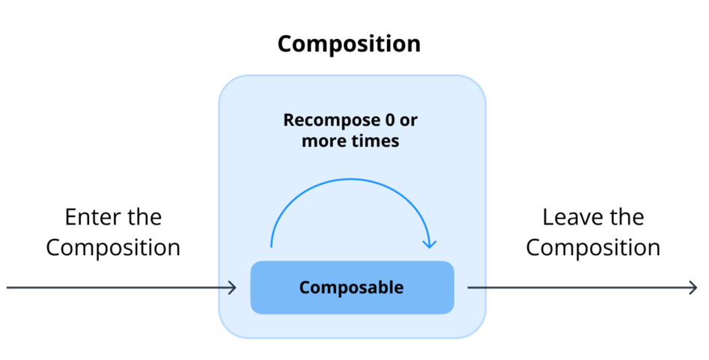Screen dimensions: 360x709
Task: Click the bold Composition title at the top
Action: pyautogui.click(x=349, y=43)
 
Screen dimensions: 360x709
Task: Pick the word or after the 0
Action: pyautogui.click(x=408, y=120)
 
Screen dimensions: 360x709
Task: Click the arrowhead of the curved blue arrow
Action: pyautogui.click(x=430, y=242)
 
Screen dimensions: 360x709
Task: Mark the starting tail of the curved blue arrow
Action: pyautogui.click(x=271, y=246)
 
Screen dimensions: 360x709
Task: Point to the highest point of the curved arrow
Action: pyautogui.click(x=350, y=179)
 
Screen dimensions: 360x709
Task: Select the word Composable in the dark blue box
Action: pyautogui.click(x=351, y=287)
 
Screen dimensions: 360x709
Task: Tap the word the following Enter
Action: pyautogui.click(x=142, y=218)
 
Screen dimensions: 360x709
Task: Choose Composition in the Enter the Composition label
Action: pyautogui.click(x=113, y=248)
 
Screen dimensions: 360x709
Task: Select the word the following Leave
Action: pyautogui.click(x=626, y=218)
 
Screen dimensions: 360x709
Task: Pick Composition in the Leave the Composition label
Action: pyautogui.click(x=593, y=248)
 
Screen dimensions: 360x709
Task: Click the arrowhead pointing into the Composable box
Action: pyautogui.click(x=234, y=287)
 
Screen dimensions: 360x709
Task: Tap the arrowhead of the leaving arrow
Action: pyautogui.click(x=694, y=287)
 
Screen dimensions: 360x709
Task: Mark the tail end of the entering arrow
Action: pyautogui.click(x=8, y=287)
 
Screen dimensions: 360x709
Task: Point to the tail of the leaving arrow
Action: pyautogui.click(x=469, y=287)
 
